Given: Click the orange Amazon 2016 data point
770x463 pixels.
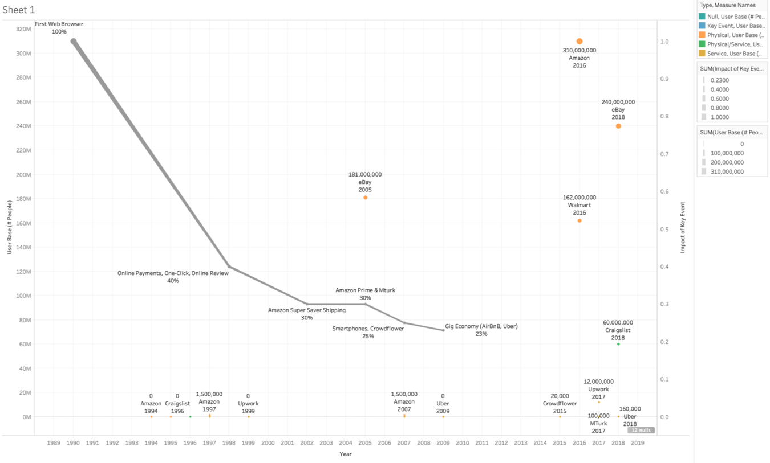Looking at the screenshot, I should click(x=579, y=42).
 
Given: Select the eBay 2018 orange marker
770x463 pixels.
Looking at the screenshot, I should click(x=618, y=126).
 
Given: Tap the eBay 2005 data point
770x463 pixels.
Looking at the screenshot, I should click(x=365, y=198).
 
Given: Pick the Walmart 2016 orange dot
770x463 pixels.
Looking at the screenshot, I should click(x=579, y=220).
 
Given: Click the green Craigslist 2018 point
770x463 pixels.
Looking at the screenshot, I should click(x=618, y=344).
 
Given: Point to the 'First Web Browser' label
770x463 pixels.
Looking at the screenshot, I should click(x=59, y=24).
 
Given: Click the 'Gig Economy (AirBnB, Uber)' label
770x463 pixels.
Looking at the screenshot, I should click(x=481, y=326).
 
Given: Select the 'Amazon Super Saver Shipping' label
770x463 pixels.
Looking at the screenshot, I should click(x=307, y=310).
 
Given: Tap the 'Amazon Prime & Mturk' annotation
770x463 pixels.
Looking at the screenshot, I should click(x=365, y=290).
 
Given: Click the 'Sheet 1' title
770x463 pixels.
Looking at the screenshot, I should click(x=18, y=10).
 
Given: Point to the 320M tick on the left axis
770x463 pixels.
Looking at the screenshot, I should click(x=23, y=29).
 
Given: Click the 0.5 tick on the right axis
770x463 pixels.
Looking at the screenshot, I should click(x=665, y=229).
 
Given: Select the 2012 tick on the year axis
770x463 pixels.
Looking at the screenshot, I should click(x=501, y=442).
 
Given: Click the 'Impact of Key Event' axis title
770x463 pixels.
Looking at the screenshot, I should click(x=682, y=227).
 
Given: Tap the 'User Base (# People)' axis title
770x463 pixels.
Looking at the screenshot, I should click(x=10, y=227).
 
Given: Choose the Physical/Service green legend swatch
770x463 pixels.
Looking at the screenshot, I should click(x=702, y=44).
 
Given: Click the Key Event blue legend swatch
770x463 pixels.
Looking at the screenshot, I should click(x=702, y=26).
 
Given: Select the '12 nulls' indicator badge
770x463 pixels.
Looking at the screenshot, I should click(x=641, y=430).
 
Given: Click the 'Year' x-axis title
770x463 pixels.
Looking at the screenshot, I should click(x=345, y=454).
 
